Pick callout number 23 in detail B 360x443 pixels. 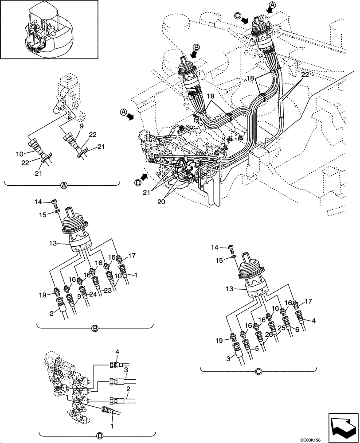coord(108,291)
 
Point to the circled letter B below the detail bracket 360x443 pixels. coord(94,328)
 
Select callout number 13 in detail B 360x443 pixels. coord(51,243)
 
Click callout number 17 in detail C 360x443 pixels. coord(309,302)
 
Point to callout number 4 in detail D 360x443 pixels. coord(118,352)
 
